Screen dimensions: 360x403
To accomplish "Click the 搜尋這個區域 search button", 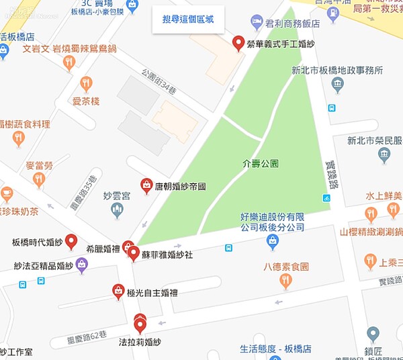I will [x=183, y=19].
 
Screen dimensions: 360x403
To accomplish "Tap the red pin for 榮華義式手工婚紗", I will [x=238, y=44].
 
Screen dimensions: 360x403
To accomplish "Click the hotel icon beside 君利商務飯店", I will [x=257, y=21].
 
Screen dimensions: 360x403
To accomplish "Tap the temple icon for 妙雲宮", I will [x=118, y=210].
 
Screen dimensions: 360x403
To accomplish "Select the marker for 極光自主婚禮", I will [x=118, y=291].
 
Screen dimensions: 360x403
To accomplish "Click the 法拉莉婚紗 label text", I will [x=140, y=342].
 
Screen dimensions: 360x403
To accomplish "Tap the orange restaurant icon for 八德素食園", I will [x=286, y=281].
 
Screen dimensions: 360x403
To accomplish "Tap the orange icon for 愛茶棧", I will [x=86, y=84].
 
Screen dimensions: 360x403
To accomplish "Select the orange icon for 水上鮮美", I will [x=371, y=214].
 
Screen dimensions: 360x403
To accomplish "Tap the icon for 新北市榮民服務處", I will [x=384, y=156].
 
